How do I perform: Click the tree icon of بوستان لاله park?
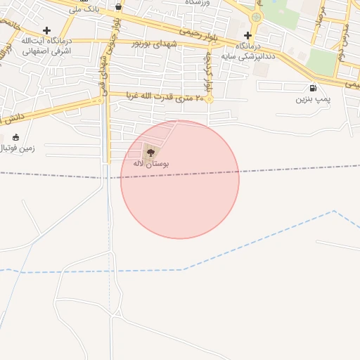click(x=149, y=150)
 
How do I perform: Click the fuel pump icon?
click(x=312, y=89)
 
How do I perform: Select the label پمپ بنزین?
click(x=311, y=100)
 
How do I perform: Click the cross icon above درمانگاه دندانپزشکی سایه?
click(x=247, y=35)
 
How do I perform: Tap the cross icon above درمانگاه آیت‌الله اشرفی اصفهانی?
click(x=46, y=30)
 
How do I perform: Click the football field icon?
click(x=15, y=137)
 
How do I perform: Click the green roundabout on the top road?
click(x=256, y=16)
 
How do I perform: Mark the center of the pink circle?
click(x=180, y=180)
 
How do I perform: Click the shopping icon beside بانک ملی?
click(x=117, y=7)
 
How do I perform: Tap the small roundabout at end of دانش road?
click(x=100, y=101)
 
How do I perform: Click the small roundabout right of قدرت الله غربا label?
click(x=209, y=99)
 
